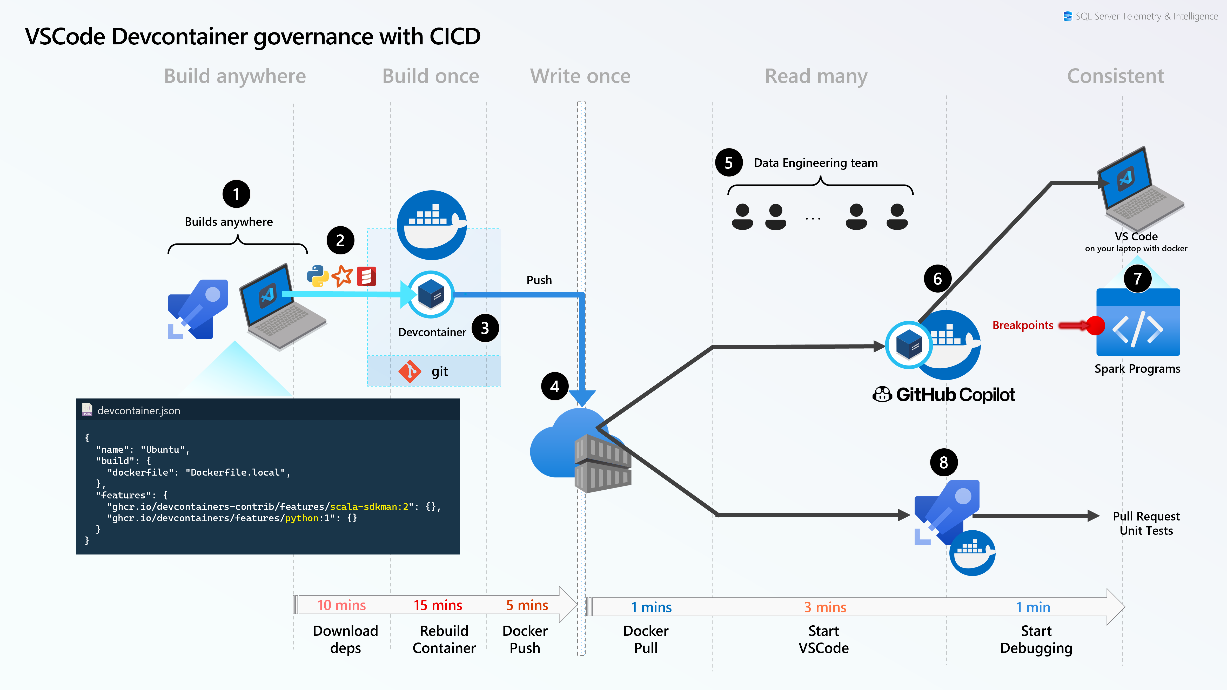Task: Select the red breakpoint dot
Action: (1096, 326)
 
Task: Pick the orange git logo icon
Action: (410, 371)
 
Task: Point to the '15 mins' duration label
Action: (438, 605)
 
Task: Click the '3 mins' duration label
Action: (825, 607)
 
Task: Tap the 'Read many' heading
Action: (816, 76)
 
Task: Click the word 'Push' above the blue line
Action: (539, 280)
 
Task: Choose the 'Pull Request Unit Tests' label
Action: (1146, 523)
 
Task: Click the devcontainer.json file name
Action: (139, 410)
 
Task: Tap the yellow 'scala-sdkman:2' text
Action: (369, 507)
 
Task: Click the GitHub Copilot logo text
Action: (955, 395)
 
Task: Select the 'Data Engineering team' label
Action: (815, 163)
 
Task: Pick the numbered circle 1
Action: (236, 194)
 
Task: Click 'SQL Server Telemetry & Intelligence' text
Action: (1146, 16)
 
